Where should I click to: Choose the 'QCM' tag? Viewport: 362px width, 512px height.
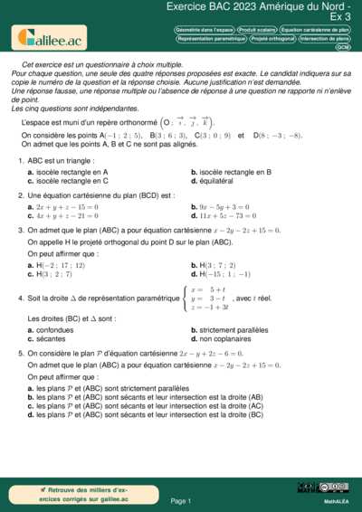pyautogui.click(x=343, y=48)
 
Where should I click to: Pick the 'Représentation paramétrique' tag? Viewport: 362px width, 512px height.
pyautogui.click(x=212, y=39)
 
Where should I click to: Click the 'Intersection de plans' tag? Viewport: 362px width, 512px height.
pyautogui.click(x=325, y=39)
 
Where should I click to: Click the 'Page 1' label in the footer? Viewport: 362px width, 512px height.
pyautogui.click(x=180, y=500)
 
